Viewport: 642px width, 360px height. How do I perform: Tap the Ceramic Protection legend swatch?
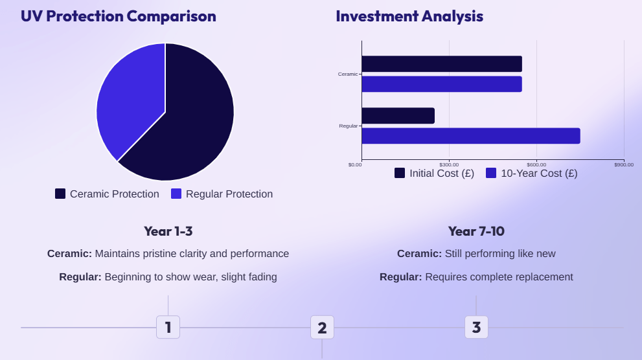[60, 194]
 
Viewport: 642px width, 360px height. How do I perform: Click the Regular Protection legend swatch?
[176, 194]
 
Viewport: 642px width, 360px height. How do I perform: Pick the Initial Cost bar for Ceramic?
[441, 63]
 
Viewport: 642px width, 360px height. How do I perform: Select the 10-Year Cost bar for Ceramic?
[441, 84]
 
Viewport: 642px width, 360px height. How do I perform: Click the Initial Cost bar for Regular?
[398, 115]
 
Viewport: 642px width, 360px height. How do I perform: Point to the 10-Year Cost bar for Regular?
[470, 136]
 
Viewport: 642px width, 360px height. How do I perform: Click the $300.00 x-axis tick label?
[449, 164]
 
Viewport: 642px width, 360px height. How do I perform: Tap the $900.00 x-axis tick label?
[624, 164]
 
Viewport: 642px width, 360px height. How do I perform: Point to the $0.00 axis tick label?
[355, 164]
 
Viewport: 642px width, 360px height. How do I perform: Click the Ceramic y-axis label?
[347, 74]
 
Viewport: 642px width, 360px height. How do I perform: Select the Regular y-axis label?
[348, 126]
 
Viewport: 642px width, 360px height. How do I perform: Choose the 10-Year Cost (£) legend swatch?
[491, 173]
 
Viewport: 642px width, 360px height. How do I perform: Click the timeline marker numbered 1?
[168, 327]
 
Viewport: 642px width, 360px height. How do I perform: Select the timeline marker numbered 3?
[476, 327]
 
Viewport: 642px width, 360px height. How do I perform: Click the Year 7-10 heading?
[476, 231]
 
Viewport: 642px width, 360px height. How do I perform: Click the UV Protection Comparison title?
[119, 16]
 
